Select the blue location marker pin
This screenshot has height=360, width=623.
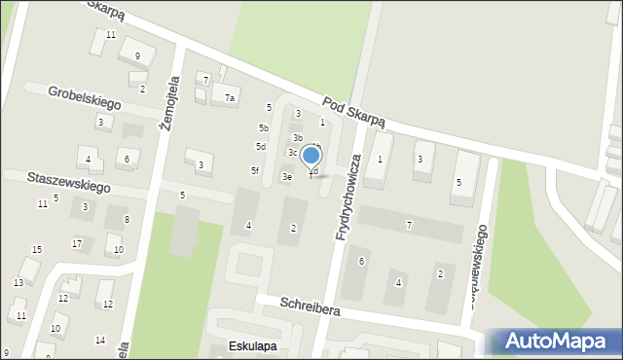[x=311, y=157]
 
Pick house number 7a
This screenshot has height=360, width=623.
[x=230, y=97]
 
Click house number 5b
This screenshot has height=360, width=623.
[x=263, y=128]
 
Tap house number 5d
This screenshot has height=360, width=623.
[x=260, y=146]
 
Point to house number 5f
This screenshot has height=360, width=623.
[x=255, y=170]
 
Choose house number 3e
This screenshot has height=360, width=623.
[x=286, y=177]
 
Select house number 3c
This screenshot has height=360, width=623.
[x=292, y=152]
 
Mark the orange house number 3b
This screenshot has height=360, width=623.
[x=298, y=137]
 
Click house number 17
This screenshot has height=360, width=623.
[x=76, y=243]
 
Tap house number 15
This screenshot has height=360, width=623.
[x=37, y=250]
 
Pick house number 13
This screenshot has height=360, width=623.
[x=18, y=282]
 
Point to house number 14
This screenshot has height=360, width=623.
[x=100, y=340]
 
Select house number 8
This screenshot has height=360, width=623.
[x=127, y=220]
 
